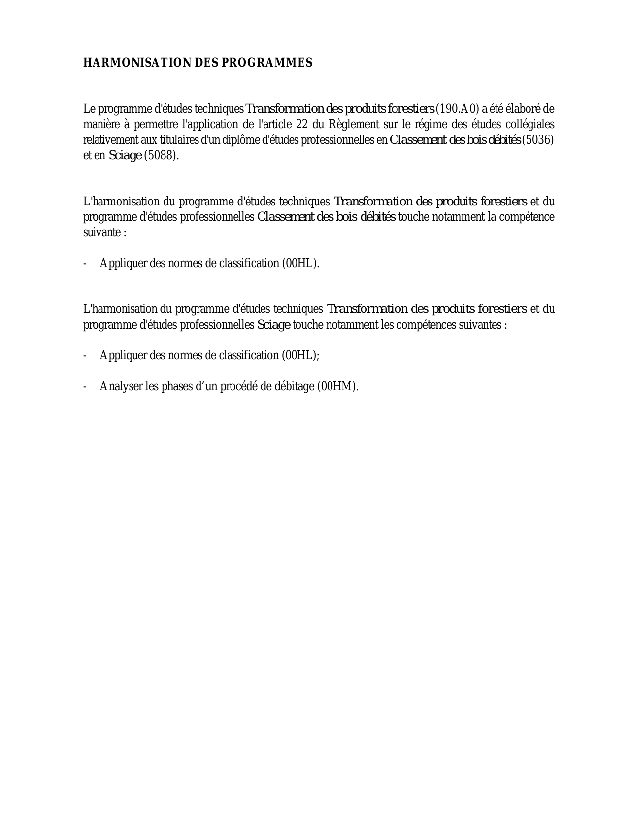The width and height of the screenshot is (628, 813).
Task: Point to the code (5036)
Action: tap(538, 140)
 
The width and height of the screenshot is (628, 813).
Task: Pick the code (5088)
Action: tap(161, 156)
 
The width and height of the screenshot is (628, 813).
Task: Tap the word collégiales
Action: tap(530, 124)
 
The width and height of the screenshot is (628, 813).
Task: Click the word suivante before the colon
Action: tap(101, 233)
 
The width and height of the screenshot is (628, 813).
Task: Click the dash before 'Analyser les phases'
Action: tap(85, 386)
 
